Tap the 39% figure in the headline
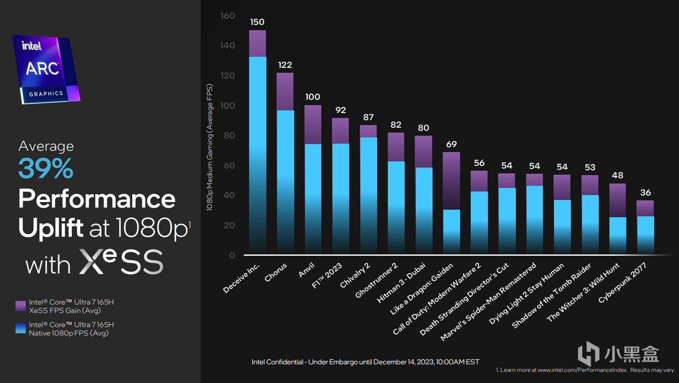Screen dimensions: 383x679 pos(46,168)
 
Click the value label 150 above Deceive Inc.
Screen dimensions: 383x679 pos(257,22)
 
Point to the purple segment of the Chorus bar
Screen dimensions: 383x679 pos(285,91)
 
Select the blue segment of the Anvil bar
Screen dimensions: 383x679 pos(313,198)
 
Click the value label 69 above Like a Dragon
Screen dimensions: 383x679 pos(451,144)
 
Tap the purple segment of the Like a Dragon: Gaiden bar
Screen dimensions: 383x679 pos(451,180)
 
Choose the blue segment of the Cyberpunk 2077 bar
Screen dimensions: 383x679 pos(645,234)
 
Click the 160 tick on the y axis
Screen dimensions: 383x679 pos(227,16)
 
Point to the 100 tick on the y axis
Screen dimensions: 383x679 pos(227,106)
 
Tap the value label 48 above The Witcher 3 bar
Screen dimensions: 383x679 pos(617,175)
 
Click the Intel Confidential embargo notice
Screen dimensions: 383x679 pos(365,362)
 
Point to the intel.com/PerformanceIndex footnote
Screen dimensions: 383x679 pos(585,370)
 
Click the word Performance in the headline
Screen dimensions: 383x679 pos(97,199)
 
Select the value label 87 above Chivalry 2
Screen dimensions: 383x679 pos(368,117)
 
